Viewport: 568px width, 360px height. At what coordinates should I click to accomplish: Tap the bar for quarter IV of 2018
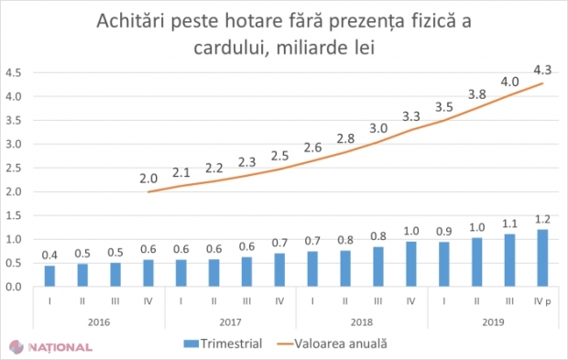pos(410,263)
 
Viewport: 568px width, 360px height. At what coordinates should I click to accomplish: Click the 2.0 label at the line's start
pos(149,180)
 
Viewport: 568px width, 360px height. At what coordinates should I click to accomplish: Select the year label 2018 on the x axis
pos(362,322)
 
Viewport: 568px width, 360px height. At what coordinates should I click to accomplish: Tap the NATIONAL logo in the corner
pos(50,347)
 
